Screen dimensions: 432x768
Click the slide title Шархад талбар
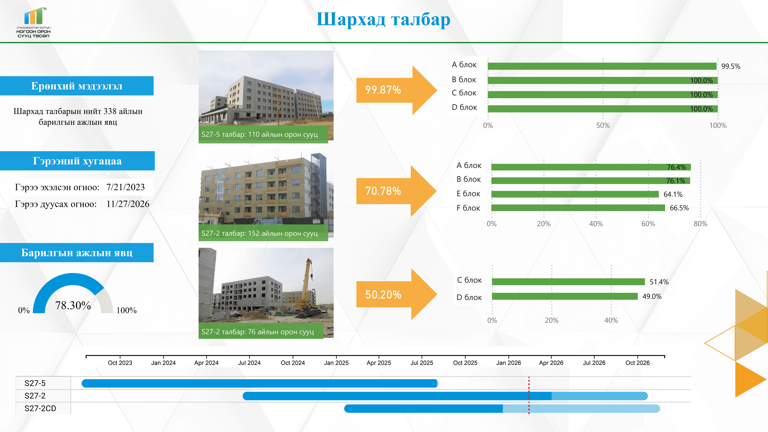383,20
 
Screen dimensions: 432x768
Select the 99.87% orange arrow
394,90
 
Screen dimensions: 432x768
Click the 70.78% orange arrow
394,191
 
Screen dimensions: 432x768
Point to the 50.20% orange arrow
394,295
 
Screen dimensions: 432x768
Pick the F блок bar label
468,208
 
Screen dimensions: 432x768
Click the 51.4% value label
659,282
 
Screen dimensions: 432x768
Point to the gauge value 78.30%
73,305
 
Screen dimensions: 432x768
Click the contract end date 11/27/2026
128,204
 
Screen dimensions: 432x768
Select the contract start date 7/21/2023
126,187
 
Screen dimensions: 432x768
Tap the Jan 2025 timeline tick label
336,363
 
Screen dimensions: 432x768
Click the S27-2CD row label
40,408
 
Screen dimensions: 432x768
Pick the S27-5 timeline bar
259,383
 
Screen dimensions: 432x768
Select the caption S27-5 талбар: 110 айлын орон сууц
260,134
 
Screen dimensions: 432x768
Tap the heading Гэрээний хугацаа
77,161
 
